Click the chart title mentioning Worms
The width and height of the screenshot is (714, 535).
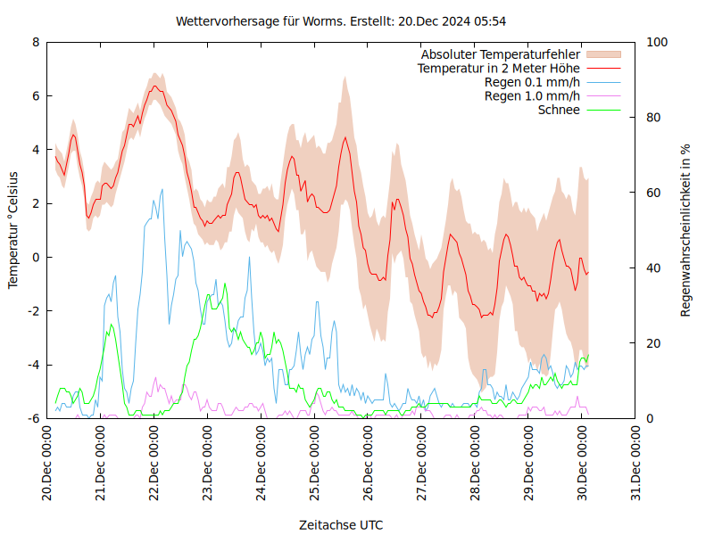(342, 21)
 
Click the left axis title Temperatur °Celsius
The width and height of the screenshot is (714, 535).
(13, 229)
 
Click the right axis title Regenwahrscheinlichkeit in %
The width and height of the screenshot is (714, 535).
(686, 230)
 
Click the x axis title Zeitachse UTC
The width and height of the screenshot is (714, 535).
(341, 525)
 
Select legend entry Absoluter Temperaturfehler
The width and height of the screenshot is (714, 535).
(501, 54)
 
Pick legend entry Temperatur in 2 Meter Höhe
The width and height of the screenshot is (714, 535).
(499, 68)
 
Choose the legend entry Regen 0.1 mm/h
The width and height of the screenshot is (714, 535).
(532, 82)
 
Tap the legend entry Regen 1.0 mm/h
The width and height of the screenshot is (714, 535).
(532, 95)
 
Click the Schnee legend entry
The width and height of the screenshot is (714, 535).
(560, 110)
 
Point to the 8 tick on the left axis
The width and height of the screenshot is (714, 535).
(36, 42)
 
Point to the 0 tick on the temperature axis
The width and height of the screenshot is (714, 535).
(36, 257)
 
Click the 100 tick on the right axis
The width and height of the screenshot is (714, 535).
(656, 42)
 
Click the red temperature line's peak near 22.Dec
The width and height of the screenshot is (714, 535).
(155, 86)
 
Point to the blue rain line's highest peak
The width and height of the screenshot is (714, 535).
(162, 189)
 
